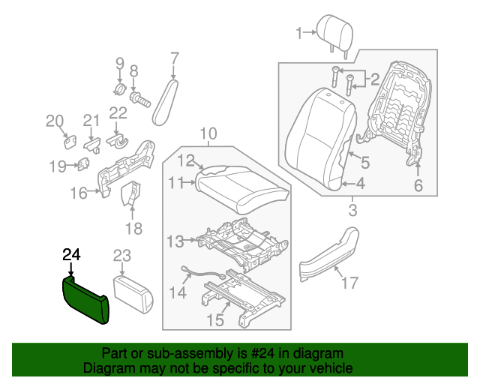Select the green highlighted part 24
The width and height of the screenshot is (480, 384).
tap(85, 298)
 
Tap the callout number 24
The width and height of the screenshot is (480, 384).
tap(70, 255)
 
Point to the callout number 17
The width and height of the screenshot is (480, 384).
tap(349, 282)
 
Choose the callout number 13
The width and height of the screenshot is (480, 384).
tap(175, 241)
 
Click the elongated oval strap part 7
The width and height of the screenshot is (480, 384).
tap(165, 105)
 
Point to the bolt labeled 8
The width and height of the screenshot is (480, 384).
tap(137, 97)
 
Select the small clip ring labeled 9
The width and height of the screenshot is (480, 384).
tap(119, 91)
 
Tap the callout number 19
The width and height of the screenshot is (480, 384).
tap(58, 166)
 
